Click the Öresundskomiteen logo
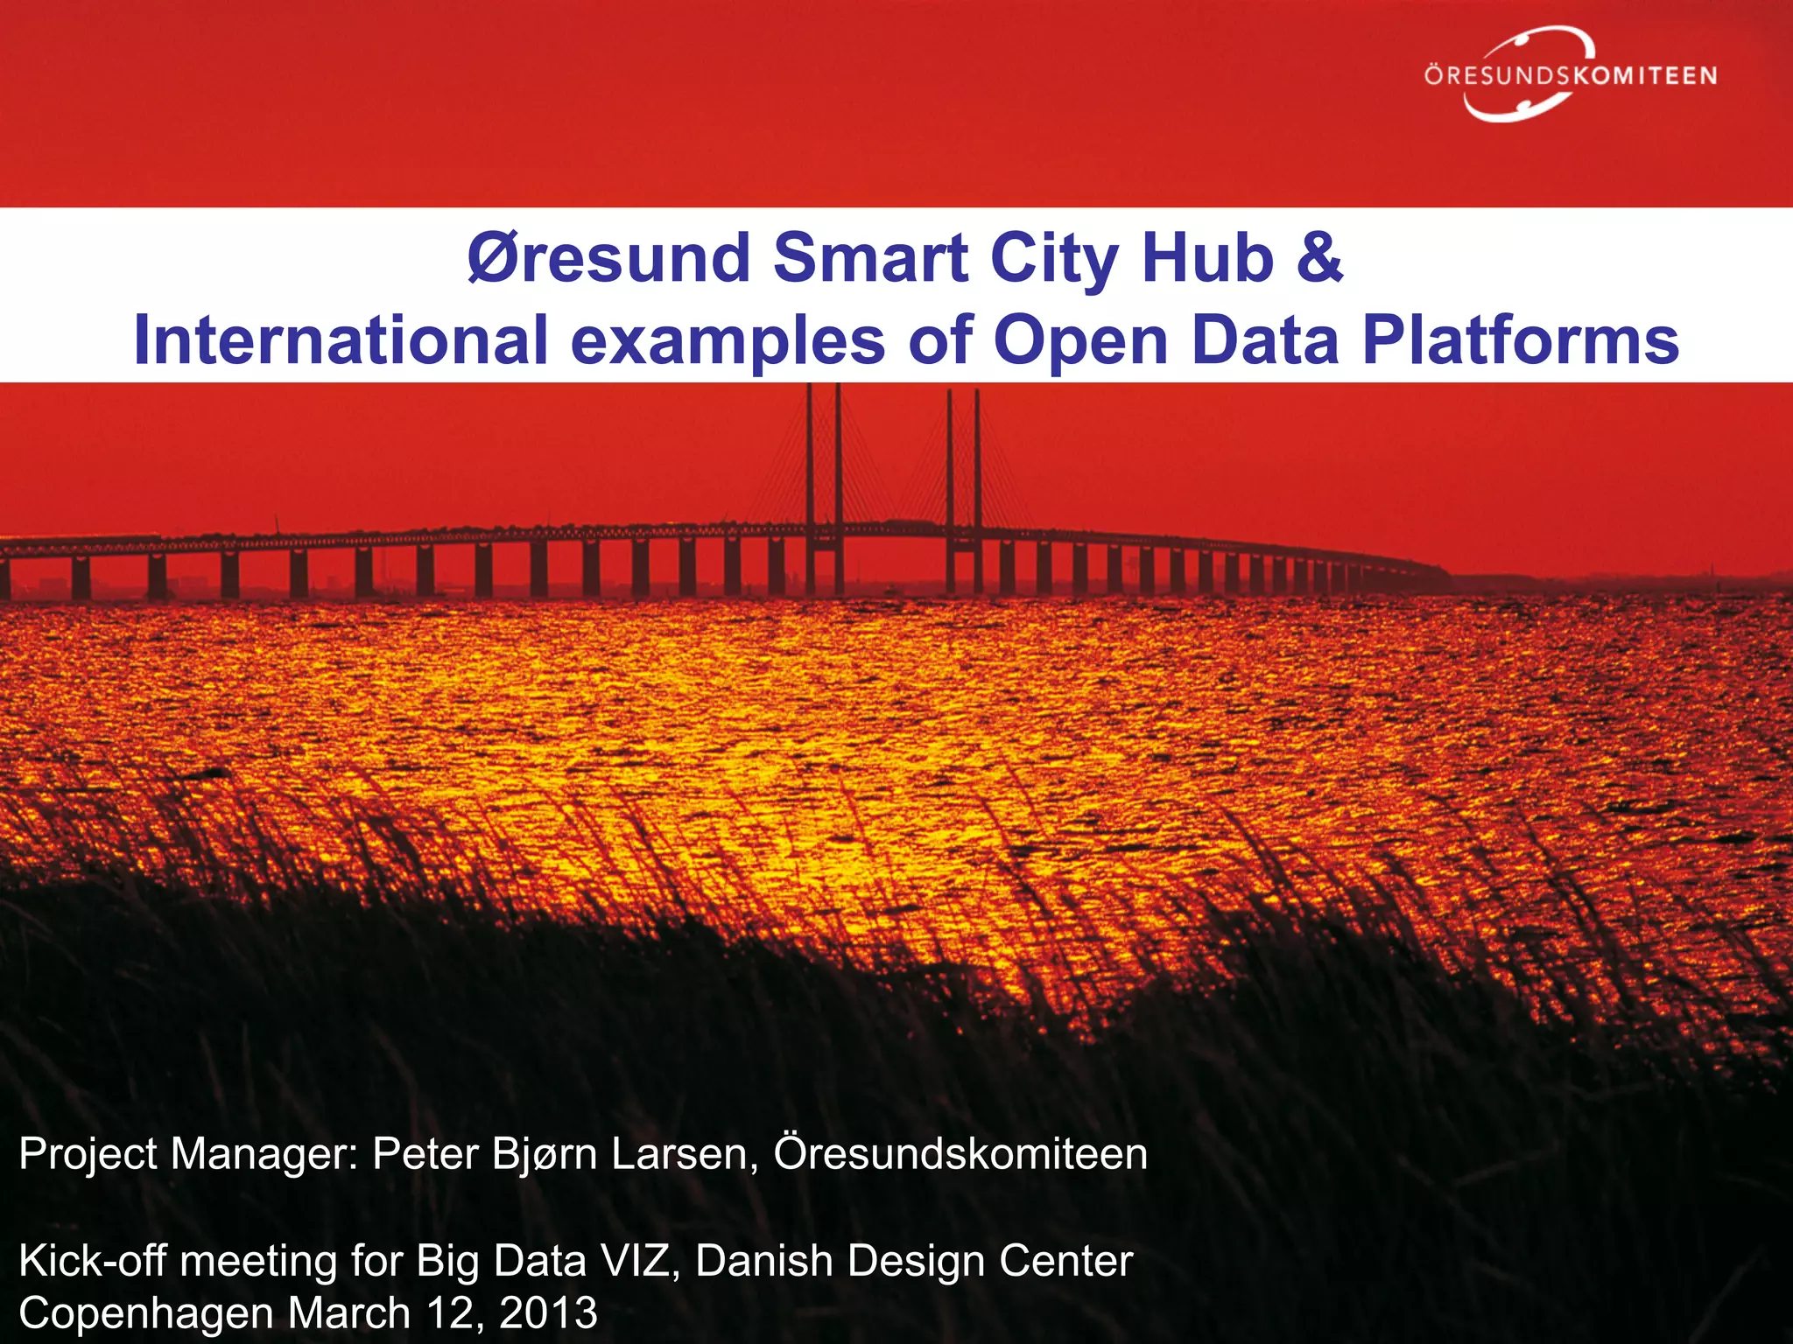click(x=1569, y=75)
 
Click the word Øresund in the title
click(x=608, y=259)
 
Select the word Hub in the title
click(x=1207, y=259)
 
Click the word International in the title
click(x=341, y=340)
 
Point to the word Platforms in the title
click(x=1521, y=340)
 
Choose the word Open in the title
click(x=1081, y=340)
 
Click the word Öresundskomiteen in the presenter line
click(x=960, y=1154)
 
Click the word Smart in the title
click(x=870, y=259)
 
